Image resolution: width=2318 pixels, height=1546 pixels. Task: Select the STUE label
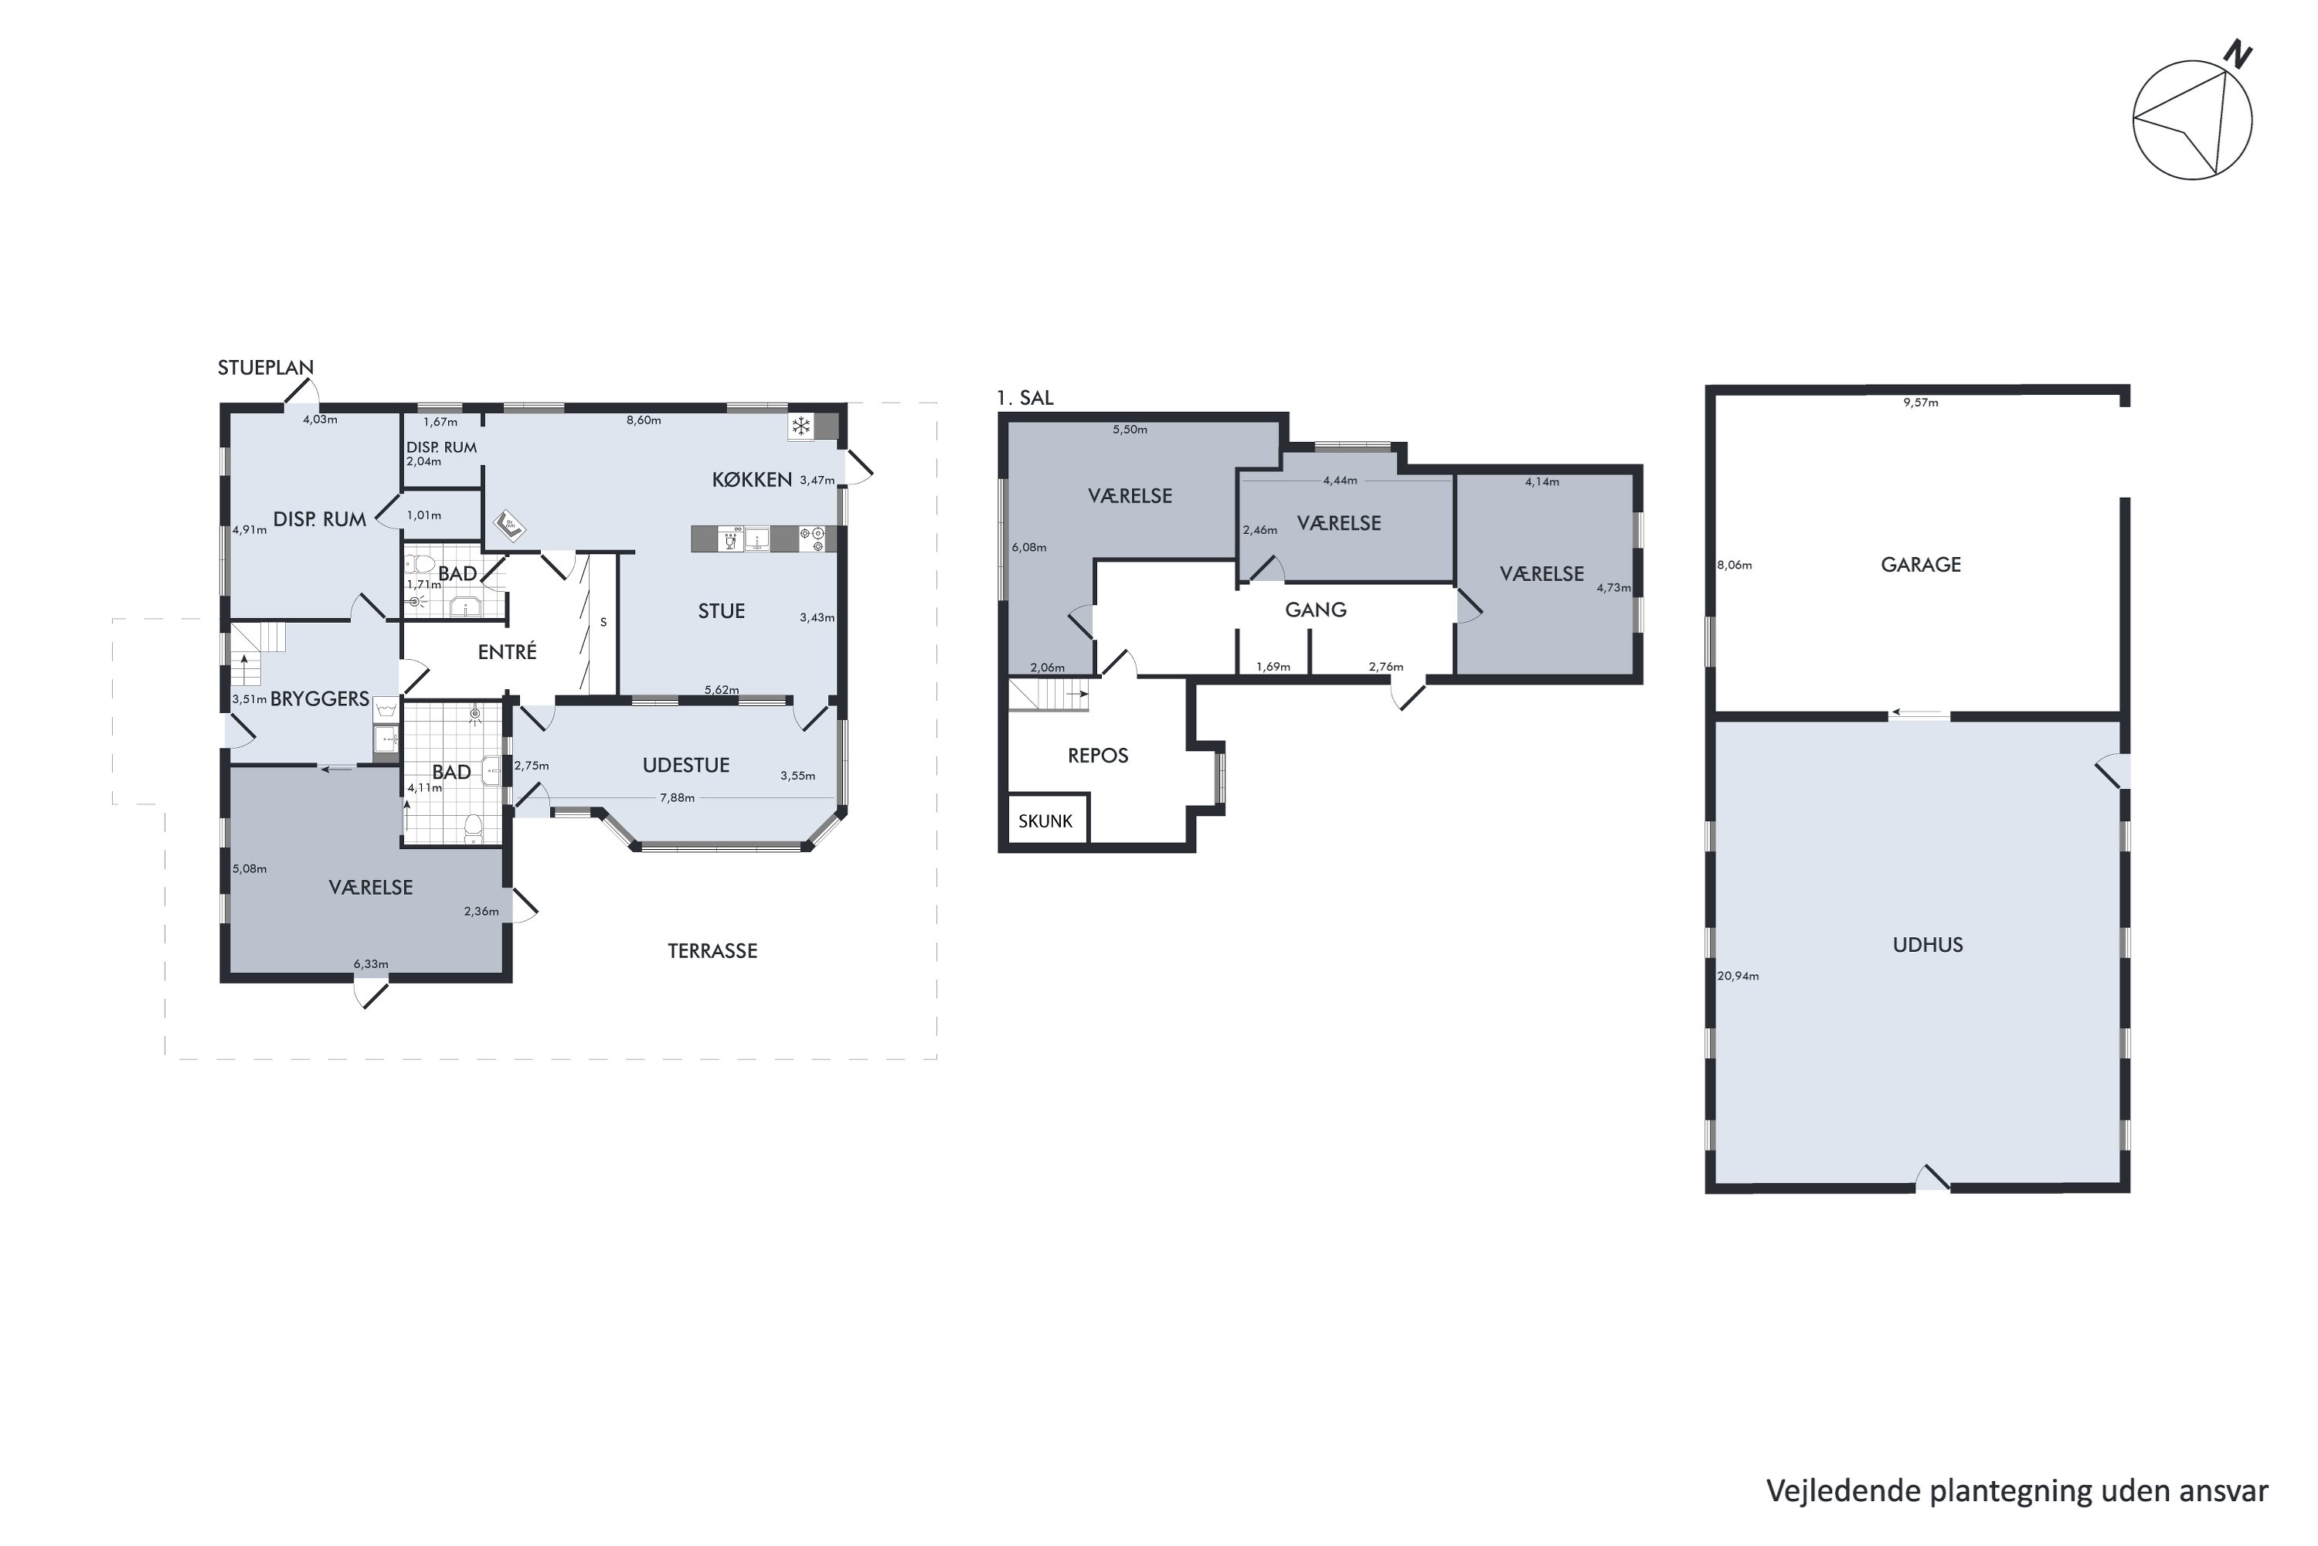click(x=721, y=611)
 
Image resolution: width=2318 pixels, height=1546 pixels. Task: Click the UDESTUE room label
click(x=685, y=765)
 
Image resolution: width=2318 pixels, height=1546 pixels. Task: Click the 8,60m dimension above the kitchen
click(x=644, y=420)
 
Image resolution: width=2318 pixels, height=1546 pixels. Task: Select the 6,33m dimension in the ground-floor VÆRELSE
click(x=371, y=964)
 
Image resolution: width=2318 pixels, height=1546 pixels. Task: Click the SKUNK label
click(x=1045, y=821)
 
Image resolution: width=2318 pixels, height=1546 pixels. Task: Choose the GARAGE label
click(x=1921, y=565)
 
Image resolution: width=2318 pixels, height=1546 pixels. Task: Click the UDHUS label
click(x=1928, y=945)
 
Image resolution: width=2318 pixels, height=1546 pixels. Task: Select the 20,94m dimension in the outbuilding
click(x=1738, y=976)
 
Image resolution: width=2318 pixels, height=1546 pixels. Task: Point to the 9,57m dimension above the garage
click(x=1921, y=403)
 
